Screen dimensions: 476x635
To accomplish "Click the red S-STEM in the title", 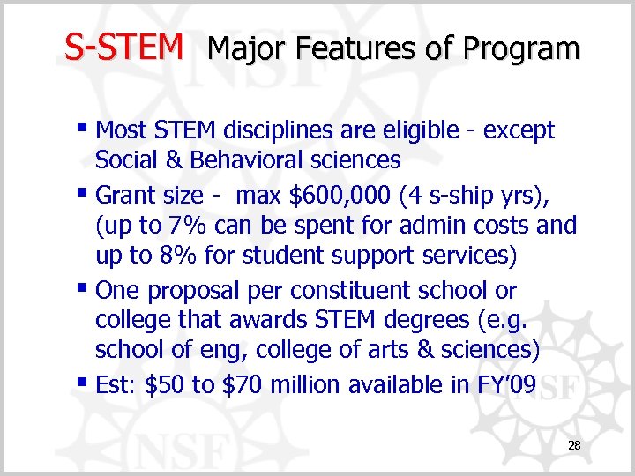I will (x=124, y=47).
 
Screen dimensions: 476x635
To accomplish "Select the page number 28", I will (x=574, y=447).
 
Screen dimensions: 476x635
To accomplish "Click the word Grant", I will (x=124, y=194).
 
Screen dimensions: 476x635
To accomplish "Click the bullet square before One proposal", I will (x=84, y=289).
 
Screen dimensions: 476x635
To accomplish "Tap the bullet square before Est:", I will (x=84, y=384).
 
